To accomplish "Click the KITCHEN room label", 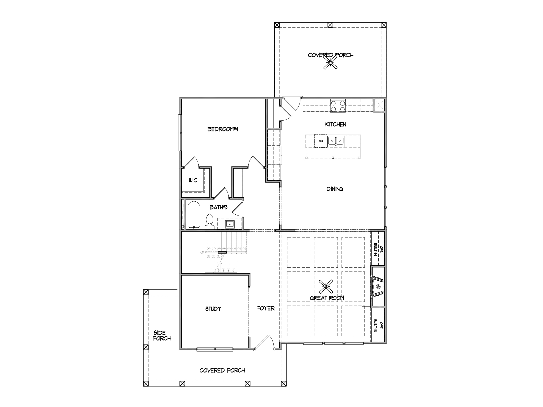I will point(335,124).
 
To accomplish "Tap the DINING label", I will point(335,189).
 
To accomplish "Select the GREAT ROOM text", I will point(327,298).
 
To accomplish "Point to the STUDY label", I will point(213,309).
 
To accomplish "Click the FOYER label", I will point(266,308).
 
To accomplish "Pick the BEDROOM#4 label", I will point(223,129).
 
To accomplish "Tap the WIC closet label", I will point(193,180).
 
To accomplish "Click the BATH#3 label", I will point(218,207).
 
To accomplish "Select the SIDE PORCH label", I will point(161,335).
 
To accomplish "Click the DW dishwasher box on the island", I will point(321,141).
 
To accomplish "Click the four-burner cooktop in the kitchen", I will point(338,106).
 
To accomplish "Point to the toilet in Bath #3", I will point(209,222).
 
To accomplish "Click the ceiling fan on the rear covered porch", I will point(331,63).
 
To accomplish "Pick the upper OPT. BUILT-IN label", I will point(378,249).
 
